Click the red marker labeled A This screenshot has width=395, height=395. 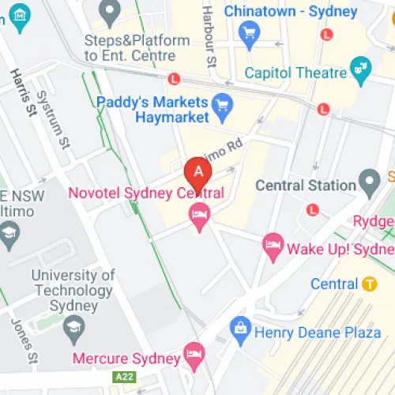pyautogui.click(x=197, y=171)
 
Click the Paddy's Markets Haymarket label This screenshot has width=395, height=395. pyautogui.click(x=152, y=110)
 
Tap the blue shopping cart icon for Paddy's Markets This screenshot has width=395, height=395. pyautogui.click(x=224, y=103)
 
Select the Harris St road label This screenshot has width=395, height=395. pyautogui.click(x=23, y=93)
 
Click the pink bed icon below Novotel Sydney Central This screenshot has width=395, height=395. pyautogui.click(x=198, y=214)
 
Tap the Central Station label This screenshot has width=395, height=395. pyautogui.click(x=306, y=186)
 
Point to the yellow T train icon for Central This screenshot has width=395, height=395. pyautogui.click(x=369, y=284)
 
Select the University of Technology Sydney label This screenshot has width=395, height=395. pyautogui.click(x=73, y=291)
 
